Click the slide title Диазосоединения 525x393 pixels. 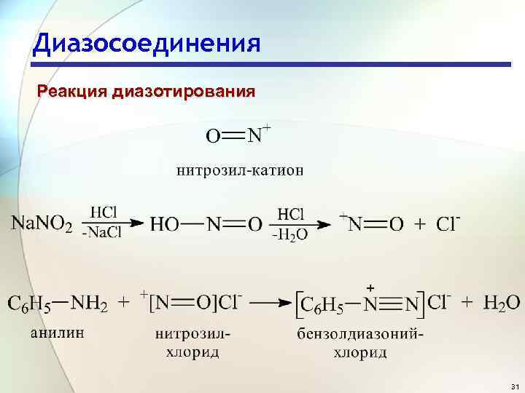(146, 43)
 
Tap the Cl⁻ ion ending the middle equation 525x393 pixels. (448, 223)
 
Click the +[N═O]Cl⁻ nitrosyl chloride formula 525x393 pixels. (192, 302)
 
